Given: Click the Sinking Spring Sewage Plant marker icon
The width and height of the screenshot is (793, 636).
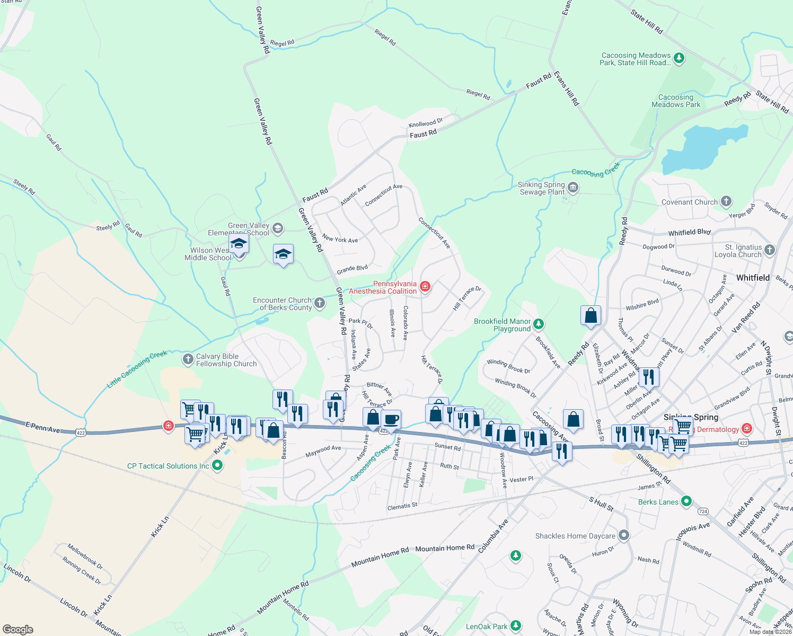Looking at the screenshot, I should pos(572,188).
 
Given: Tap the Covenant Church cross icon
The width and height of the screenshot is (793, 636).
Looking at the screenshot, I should pos(726,201).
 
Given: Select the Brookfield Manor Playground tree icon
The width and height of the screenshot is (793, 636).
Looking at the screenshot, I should pos(539,324).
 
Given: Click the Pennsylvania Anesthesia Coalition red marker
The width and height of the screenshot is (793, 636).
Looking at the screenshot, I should pos(425,287).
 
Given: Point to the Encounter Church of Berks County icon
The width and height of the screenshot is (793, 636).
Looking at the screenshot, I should pos(319,303).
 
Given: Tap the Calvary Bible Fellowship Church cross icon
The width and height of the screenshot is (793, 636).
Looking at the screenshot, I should pos(188,359).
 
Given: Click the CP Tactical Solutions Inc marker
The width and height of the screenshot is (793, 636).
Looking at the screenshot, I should pos(217,465).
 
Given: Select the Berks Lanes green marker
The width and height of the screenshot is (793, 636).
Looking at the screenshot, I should pos(686,501).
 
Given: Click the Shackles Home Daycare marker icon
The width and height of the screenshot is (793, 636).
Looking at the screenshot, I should pos(624,535).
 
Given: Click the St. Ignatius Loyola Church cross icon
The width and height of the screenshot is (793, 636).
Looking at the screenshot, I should pos(770,250).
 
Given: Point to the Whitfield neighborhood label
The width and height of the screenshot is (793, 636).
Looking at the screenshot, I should pos(753,278).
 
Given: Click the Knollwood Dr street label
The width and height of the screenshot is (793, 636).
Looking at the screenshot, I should pos(426,123).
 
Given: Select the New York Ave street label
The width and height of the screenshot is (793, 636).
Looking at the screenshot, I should pos(340,239).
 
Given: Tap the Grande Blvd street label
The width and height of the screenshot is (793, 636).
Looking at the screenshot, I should pos(352,269).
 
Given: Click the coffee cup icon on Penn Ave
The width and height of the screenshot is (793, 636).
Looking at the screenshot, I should pos(391,419).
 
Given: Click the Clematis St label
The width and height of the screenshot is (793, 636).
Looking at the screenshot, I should pos(402,506).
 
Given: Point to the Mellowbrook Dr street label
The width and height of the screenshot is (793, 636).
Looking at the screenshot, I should pos(85,556).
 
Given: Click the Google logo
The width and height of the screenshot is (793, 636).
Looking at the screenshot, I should pos(17,629).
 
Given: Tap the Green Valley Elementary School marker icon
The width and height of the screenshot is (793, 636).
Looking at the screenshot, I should pos(278,228).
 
